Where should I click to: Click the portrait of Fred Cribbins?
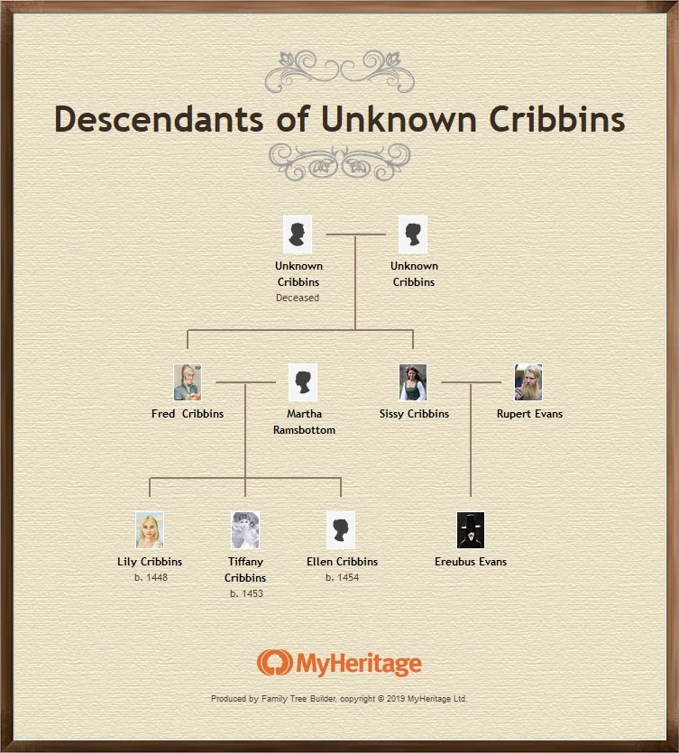188,382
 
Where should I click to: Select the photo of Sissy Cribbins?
413,382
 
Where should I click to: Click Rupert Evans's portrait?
528,382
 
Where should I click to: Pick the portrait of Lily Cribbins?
150,530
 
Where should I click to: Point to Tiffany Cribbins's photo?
245,530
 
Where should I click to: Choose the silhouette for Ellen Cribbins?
341,530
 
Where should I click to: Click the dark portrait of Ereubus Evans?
471,530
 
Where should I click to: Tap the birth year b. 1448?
150,577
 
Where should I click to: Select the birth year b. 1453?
245,593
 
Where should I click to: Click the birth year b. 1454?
342,577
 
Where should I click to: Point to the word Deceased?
298,298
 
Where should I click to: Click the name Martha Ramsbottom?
304,422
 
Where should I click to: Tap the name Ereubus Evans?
471,562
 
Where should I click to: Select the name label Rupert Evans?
529,414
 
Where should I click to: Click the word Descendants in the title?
160,119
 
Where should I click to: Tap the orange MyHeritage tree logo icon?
272,664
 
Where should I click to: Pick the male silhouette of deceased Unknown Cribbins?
298,234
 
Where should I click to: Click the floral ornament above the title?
340,70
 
